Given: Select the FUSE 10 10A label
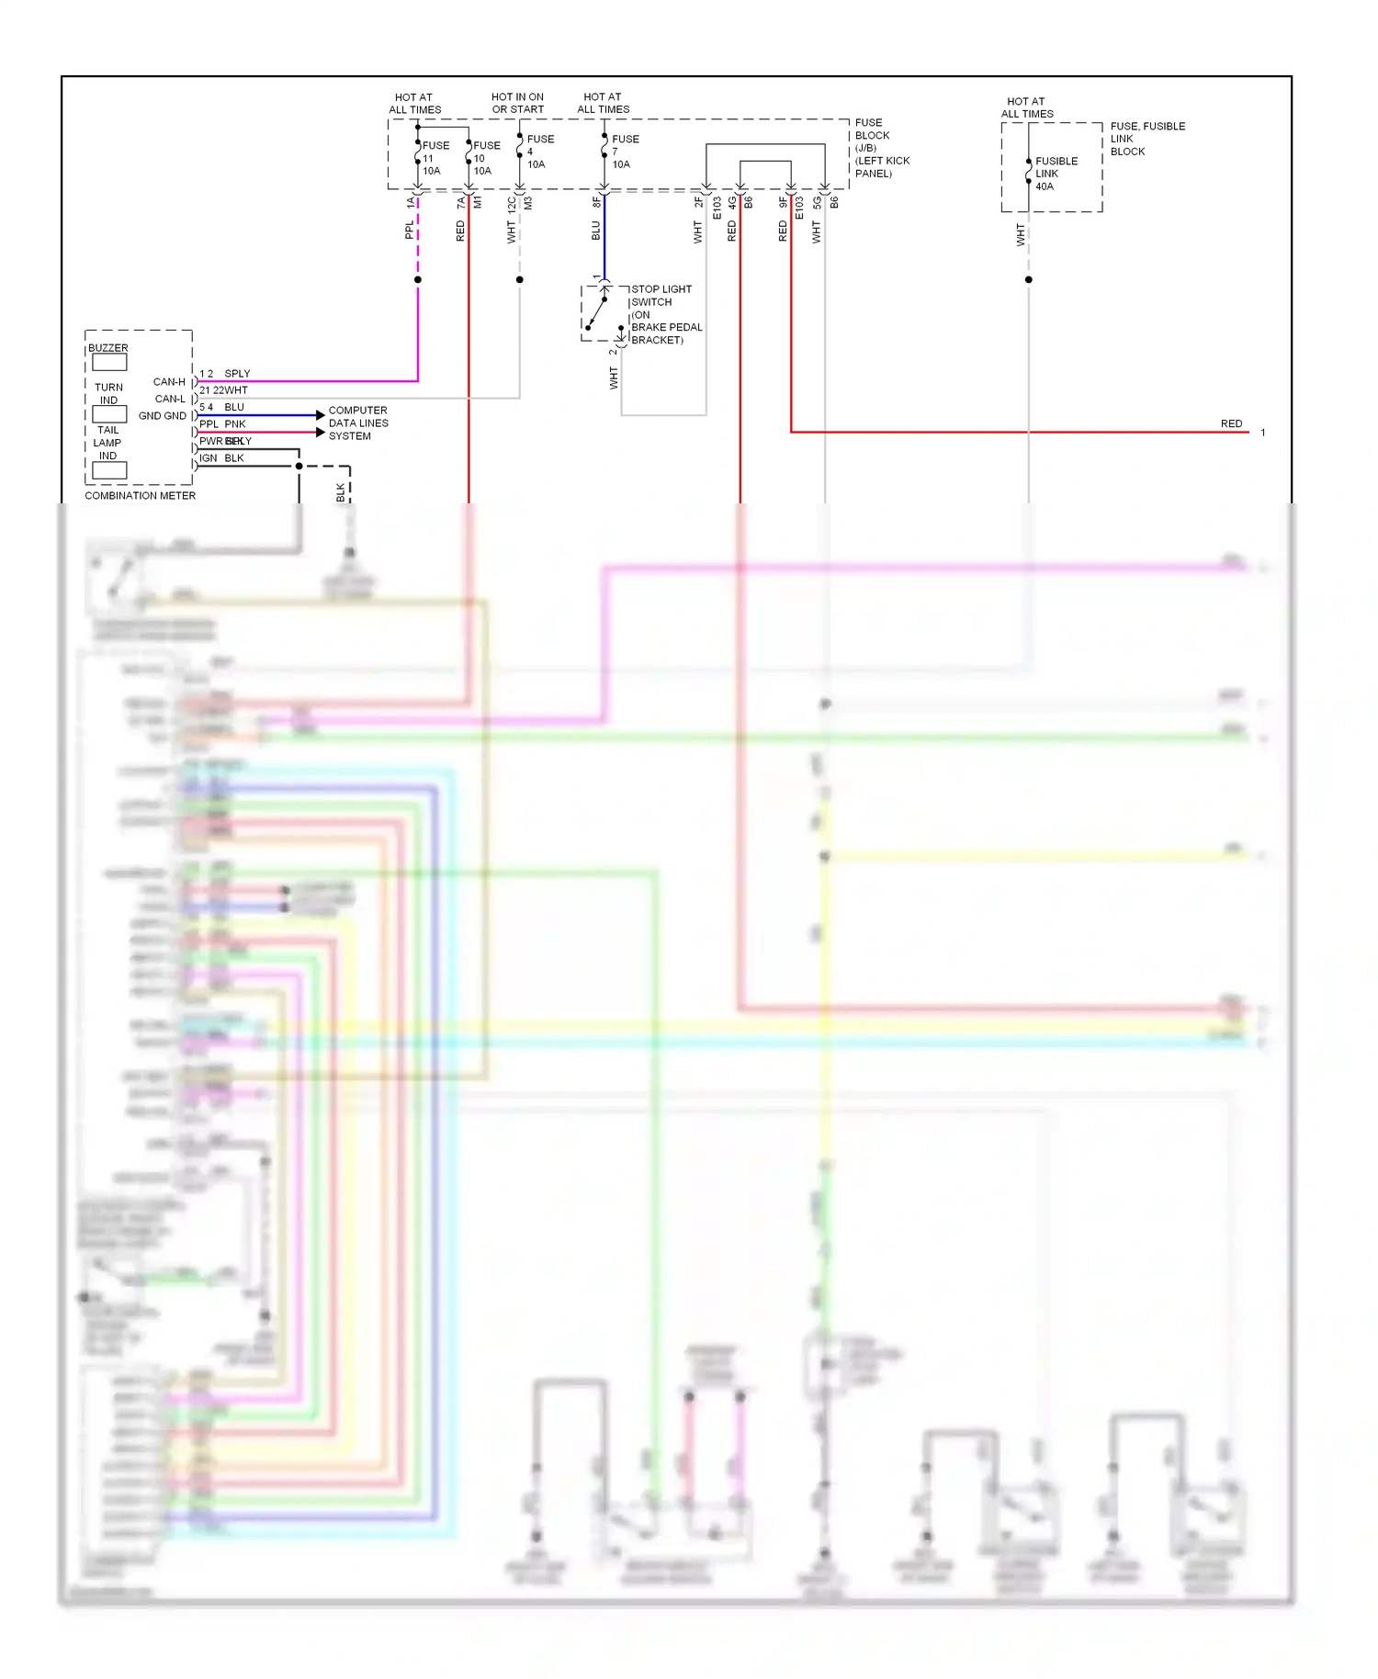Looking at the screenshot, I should (485, 158).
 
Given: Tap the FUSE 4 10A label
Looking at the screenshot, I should (538, 152).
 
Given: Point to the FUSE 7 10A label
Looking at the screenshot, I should (624, 152).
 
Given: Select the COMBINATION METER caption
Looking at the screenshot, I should (140, 496).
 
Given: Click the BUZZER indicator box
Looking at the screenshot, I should (109, 363).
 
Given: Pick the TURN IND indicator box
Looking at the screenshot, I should (109, 414).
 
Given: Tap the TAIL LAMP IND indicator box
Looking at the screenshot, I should (109, 470).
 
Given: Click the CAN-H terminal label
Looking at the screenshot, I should (169, 382).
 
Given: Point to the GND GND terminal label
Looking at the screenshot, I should (162, 416).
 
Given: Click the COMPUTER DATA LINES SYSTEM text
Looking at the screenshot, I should (357, 423).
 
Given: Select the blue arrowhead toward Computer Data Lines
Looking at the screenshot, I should (320, 415).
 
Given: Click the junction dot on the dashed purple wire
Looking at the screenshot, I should (418, 279).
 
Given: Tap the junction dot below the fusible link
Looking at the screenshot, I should (1028, 279).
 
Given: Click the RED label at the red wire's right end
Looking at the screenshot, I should (1231, 424).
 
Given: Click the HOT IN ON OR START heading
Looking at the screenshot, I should (517, 103).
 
